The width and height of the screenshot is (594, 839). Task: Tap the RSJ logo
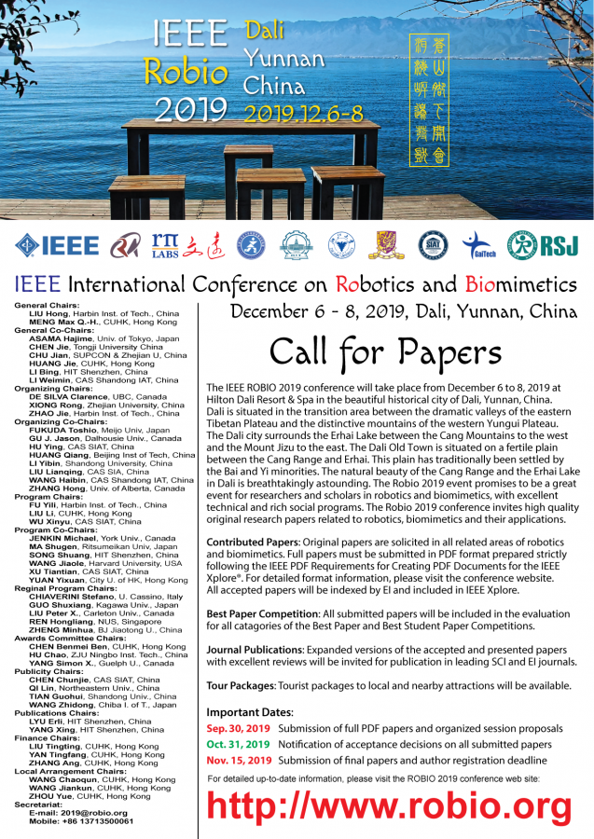(539, 245)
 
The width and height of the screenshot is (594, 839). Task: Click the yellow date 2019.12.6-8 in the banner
(303, 115)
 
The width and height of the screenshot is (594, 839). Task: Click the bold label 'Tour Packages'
(241, 685)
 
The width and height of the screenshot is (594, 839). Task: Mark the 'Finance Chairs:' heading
(48, 737)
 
